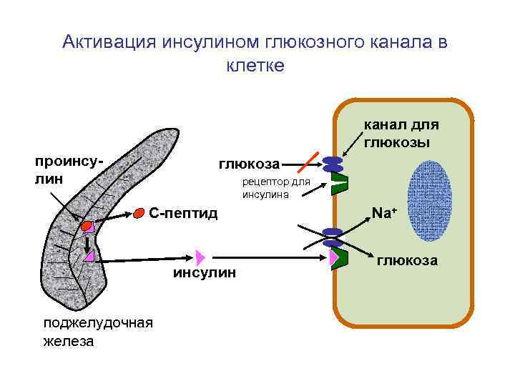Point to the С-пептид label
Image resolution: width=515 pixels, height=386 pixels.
[182, 213]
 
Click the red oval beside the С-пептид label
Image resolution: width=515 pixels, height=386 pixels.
[139, 213]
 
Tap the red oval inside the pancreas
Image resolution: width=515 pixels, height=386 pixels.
[87, 225]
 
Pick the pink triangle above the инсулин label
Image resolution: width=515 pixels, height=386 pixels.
[200, 257]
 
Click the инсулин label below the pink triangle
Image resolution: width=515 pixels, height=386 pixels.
[204, 274]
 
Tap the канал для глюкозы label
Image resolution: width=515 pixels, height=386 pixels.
[401, 133]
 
